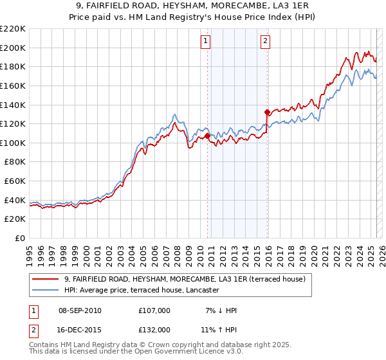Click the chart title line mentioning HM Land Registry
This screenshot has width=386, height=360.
[x=192, y=17]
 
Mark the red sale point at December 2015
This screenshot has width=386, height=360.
[x=266, y=112]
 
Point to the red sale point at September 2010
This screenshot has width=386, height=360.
[x=207, y=136]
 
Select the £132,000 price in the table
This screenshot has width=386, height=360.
[x=154, y=329]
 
